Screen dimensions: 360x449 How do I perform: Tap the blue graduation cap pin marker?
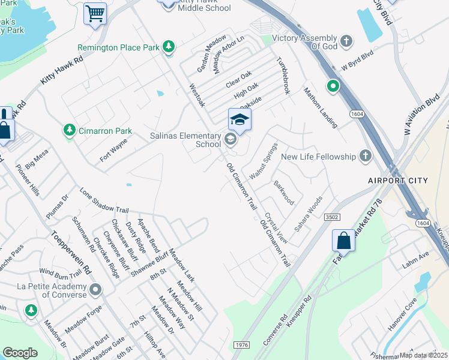click(240, 120)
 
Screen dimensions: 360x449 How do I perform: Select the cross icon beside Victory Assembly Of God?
click(346, 41)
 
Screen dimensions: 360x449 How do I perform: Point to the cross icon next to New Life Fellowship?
click(364, 157)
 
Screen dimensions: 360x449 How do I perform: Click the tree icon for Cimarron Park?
click(70, 130)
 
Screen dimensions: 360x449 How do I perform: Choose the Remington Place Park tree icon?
click(169, 47)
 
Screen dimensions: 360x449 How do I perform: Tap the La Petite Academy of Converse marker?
click(95, 291)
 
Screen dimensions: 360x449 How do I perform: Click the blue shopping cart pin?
click(95, 13)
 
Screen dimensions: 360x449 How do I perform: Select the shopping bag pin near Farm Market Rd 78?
click(344, 241)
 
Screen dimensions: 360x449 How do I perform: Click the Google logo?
click(20, 352)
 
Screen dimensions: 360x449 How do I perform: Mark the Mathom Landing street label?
click(321, 108)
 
